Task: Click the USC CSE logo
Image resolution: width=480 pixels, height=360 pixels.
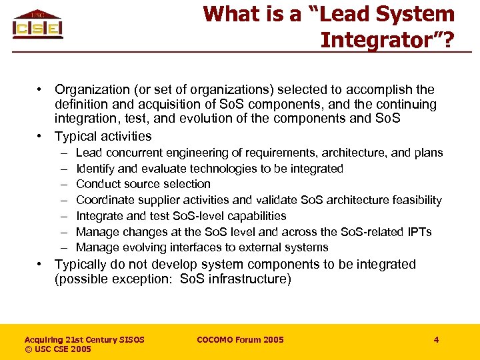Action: [x=37, y=25]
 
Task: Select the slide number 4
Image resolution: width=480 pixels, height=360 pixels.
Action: [x=436, y=340]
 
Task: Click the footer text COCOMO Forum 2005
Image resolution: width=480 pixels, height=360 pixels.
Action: [x=240, y=340]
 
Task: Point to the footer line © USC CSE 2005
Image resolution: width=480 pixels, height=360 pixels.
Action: [x=57, y=349]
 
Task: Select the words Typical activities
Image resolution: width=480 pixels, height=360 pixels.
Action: [x=103, y=136]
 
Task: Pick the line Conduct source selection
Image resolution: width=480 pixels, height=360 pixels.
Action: [x=143, y=184]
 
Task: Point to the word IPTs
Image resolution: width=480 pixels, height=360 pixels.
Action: [x=417, y=232]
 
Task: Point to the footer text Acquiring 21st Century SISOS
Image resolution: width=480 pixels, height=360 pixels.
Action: [x=84, y=340]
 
